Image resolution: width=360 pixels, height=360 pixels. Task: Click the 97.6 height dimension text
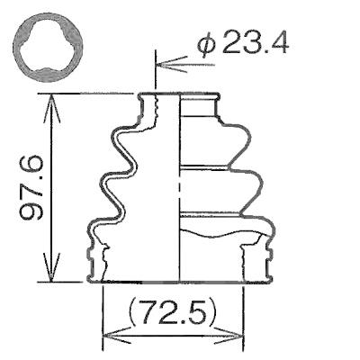pos(31,187)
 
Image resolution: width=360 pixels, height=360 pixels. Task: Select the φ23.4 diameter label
pos(243,44)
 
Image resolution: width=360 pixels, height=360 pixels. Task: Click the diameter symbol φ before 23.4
pos(206,45)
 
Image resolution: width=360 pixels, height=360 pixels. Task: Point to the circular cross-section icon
pos(48,48)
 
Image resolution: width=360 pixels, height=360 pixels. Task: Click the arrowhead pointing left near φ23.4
pos(172,64)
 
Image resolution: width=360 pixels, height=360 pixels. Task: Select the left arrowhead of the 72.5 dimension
pos(117,336)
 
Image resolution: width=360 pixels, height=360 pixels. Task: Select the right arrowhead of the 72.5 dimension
pos(228,336)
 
